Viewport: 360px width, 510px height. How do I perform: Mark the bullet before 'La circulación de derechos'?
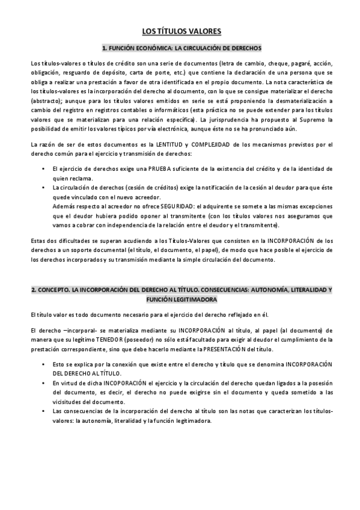(x=44, y=188)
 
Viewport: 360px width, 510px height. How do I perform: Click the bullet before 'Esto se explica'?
(x=44, y=365)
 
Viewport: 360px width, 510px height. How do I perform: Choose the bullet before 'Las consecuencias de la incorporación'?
(x=44, y=412)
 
